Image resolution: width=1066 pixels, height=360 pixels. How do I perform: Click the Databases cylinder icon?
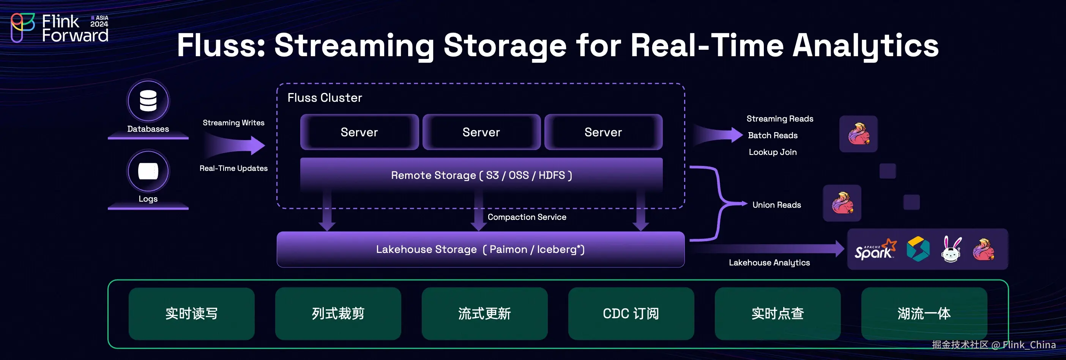point(148,101)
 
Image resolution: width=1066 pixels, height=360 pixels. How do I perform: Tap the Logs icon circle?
point(148,171)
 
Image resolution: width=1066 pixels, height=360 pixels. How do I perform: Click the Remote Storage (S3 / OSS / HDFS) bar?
point(481,175)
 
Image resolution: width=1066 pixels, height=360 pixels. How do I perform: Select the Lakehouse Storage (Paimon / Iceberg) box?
point(480,249)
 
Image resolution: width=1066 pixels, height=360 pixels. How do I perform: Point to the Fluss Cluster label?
point(325,98)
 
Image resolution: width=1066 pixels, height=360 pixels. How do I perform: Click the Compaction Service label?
point(527,217)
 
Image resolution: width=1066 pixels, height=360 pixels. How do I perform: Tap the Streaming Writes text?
point(233,123)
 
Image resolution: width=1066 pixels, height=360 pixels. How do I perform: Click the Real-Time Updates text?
point(233,168)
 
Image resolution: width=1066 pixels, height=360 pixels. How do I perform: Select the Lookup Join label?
point(772,152)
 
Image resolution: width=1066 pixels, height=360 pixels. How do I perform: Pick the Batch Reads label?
point(772,135)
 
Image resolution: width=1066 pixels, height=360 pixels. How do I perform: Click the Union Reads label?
point(776,205)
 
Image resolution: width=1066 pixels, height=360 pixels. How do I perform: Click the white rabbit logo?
point(951,249)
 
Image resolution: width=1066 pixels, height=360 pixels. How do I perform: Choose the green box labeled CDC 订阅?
point(631,314)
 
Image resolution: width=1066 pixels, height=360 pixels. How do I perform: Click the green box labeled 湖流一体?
point(924,314)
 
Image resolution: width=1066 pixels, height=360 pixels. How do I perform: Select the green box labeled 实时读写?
point(191,314)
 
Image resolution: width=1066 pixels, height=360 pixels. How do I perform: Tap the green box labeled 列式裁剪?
point(337,314)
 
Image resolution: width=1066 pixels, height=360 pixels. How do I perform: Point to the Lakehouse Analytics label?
point(769,262)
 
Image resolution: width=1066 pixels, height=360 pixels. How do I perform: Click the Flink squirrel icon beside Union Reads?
point(842,203)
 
